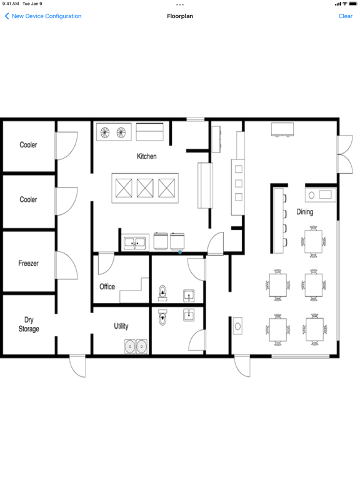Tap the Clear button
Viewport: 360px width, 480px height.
tap(345, 16)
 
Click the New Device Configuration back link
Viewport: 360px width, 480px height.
tap(43, 16)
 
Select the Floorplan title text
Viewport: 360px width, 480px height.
tap(180, 16)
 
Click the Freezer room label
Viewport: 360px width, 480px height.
tap(29, 263)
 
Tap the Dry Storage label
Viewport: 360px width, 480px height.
tap(29, 324)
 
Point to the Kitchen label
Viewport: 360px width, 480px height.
tap(147, 156)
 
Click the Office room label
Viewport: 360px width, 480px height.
tap(107, 286)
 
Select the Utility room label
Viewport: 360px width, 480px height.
tap(121, 326)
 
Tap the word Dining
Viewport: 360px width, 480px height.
tap(305, 212)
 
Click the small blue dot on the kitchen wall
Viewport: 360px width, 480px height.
tap(180, 252)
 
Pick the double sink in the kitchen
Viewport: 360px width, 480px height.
tap(135, 243)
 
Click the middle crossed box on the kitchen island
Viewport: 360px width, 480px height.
tap(145, 188)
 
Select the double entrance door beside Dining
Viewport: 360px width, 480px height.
tap(345, 154)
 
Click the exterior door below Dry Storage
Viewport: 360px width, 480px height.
tap(77, 366)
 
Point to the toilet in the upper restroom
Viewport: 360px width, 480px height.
tap(162, 292)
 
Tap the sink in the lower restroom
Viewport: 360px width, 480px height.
tap(189, 315)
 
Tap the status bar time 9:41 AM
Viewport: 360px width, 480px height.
tap(11, 4)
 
